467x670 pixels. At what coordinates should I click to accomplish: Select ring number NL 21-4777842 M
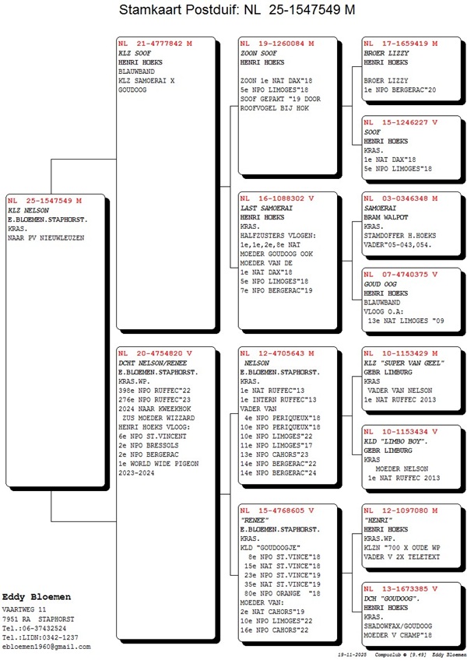pos(155,44)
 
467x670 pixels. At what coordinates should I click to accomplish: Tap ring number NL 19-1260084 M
pos(277,44)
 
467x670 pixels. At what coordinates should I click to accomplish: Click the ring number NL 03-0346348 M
pos(401,198)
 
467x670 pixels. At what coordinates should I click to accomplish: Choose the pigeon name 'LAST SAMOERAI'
pos(266,208)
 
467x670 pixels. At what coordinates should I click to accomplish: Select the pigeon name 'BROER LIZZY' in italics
pos(386,54)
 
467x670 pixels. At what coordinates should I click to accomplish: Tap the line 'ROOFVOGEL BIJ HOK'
pos(274,108)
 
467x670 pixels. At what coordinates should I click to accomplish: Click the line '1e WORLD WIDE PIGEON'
pos(159,464)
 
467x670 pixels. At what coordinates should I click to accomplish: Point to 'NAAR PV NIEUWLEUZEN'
pos(46,238)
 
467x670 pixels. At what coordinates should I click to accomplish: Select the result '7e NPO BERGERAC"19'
pos(276,290)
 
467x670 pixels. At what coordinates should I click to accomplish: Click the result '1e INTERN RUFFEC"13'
pos(278,400)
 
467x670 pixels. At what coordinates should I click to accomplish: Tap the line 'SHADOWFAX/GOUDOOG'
pos(398,626)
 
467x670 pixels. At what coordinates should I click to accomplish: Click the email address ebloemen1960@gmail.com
pos(46,647)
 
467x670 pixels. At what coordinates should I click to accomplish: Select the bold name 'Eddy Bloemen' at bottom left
pos(37,597)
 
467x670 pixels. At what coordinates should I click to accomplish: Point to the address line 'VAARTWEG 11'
pos(24,609)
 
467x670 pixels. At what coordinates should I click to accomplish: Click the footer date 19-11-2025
pos(352,654)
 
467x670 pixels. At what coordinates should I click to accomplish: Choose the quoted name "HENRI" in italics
pos(378,521)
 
